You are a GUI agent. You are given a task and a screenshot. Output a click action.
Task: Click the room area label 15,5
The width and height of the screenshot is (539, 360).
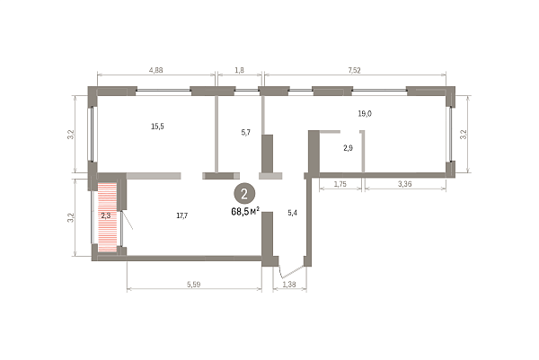(x=157, y=127)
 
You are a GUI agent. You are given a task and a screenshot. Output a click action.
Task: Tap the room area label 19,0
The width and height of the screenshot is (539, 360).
(x=365, y=114)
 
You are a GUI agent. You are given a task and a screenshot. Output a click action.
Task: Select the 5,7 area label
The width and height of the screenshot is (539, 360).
(x=246, y=132)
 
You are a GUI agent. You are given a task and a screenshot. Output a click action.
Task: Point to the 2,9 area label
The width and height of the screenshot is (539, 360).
(x=348, y=148)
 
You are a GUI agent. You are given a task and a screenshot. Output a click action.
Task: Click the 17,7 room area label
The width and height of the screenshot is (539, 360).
(x=181, y=215)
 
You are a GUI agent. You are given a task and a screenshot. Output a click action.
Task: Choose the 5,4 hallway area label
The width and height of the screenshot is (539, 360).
(x=292, y=213)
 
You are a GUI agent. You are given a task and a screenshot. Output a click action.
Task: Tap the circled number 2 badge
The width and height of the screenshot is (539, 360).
(x=244, y=194)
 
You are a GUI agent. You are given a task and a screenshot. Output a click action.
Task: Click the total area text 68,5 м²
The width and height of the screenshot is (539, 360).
(x=245, y=211)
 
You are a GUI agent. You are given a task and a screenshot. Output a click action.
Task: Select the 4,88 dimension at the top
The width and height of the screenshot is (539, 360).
(x=155, y=70)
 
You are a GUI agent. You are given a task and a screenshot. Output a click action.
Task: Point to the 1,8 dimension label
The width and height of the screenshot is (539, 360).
(x=239, y=70)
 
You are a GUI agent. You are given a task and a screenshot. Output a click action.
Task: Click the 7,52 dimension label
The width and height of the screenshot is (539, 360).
(x=354, y=70)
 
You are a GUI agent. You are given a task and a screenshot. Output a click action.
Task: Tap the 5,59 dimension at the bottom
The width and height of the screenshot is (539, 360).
(x=193, y=285)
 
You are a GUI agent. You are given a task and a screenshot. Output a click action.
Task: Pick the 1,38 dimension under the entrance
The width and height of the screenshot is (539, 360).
(x=289, y=285)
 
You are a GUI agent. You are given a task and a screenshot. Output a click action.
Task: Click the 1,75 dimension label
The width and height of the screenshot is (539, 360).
(x=340, y=184)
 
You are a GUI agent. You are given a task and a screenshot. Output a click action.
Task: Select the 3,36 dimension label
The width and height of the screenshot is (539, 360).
(x=405, y=184)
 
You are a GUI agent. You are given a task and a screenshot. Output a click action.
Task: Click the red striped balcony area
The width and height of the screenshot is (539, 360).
(x=107, y=217)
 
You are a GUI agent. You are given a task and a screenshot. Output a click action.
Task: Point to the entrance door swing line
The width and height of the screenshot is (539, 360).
(x=291, y=271)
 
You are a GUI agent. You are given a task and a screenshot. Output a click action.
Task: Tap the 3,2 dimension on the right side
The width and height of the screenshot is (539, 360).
(x=464, y=134)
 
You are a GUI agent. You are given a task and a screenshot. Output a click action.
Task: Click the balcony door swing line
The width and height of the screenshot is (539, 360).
(x=128, y=220)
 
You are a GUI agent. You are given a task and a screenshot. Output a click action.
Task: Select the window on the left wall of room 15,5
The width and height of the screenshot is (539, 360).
(x=93, y=134)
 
